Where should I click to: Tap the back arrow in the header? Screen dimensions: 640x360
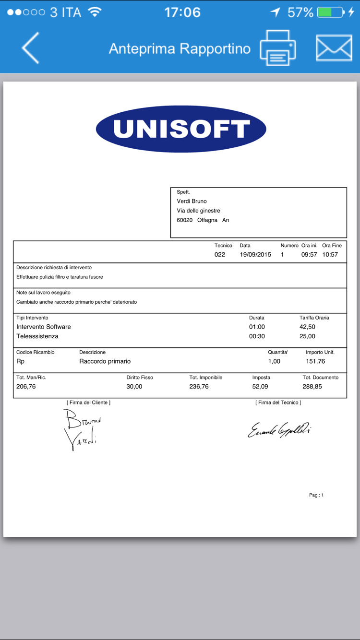tap(30, 47)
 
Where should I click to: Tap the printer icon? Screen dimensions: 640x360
tap(277, 48)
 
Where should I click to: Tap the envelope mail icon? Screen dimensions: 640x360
tap(334, 48)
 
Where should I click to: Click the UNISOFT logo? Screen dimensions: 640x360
tap(181, 129)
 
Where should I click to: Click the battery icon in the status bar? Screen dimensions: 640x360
tap(330, 12)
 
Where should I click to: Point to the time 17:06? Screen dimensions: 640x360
tap(182, 12)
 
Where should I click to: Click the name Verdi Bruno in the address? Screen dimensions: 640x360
tap(192, 201)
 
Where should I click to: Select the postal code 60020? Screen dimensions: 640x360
tap(185, 220)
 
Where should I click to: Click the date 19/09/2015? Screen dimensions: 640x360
tap(255, 255)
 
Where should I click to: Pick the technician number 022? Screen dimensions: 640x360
tap(220, 255)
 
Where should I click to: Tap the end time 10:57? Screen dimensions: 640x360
tap(330, 255)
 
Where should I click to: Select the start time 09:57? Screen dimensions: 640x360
tap(309, 255)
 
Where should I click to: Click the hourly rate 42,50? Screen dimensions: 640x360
tap(308, 327)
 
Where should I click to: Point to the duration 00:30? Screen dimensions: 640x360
tap(257, 336)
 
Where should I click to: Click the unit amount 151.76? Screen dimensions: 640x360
tap(315, 361)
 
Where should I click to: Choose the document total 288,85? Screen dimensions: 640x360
tap(312, 386)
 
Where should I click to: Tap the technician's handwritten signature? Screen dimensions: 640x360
tap(278, 430)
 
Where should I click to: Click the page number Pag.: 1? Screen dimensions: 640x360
tap(316, 495)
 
